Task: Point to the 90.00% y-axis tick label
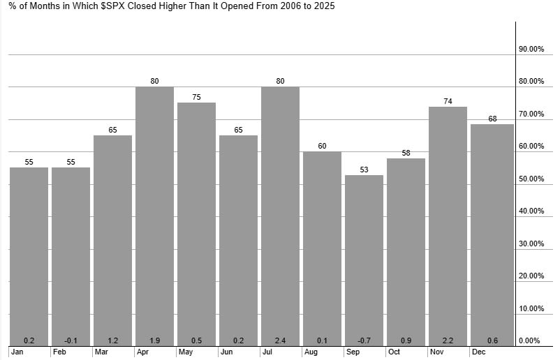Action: point(531,50)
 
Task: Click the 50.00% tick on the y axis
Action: point(531,179)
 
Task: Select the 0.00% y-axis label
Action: point(531,340)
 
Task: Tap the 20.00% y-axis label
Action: point(531,276)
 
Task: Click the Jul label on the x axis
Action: point(267,352)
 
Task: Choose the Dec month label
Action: point(478,352)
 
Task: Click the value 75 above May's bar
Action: point(196,97)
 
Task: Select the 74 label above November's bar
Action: point(448,101)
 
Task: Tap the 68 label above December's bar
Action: point(492,119)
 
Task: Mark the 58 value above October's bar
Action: point(406,153)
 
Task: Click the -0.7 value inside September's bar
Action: point(364,340)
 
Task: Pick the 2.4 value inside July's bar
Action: point(280,340)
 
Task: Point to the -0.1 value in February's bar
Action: point(71,340)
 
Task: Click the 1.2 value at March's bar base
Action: point(112,340)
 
